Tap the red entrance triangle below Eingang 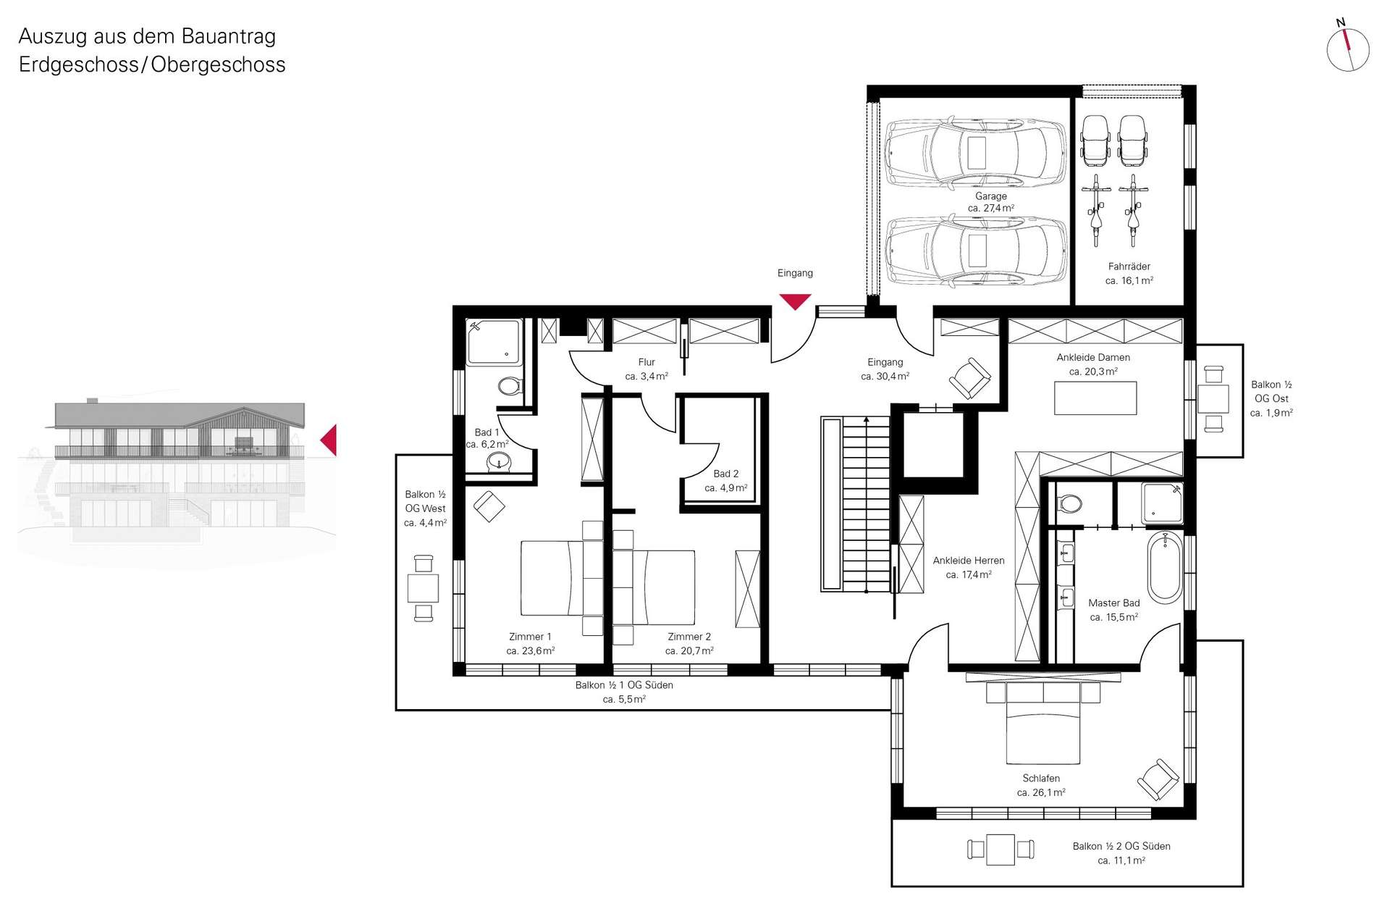(795, 301)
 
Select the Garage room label (990, 196)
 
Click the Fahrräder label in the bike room (1129, 267)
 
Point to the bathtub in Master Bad (1165, 568)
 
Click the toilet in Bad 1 (510, 385)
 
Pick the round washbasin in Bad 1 (499, 460)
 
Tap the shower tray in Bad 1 (493, 342)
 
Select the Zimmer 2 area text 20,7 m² (689, 651)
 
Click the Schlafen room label (1041, 779)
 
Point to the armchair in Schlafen (1158, 779)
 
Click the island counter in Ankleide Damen (1095, 398)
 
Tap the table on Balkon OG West (423, 588)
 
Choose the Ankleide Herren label (969, 561)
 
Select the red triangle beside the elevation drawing (329, 440)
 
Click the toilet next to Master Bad (1069, 503)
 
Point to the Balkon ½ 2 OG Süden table (1001, 850)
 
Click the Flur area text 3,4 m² (646, 377)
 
